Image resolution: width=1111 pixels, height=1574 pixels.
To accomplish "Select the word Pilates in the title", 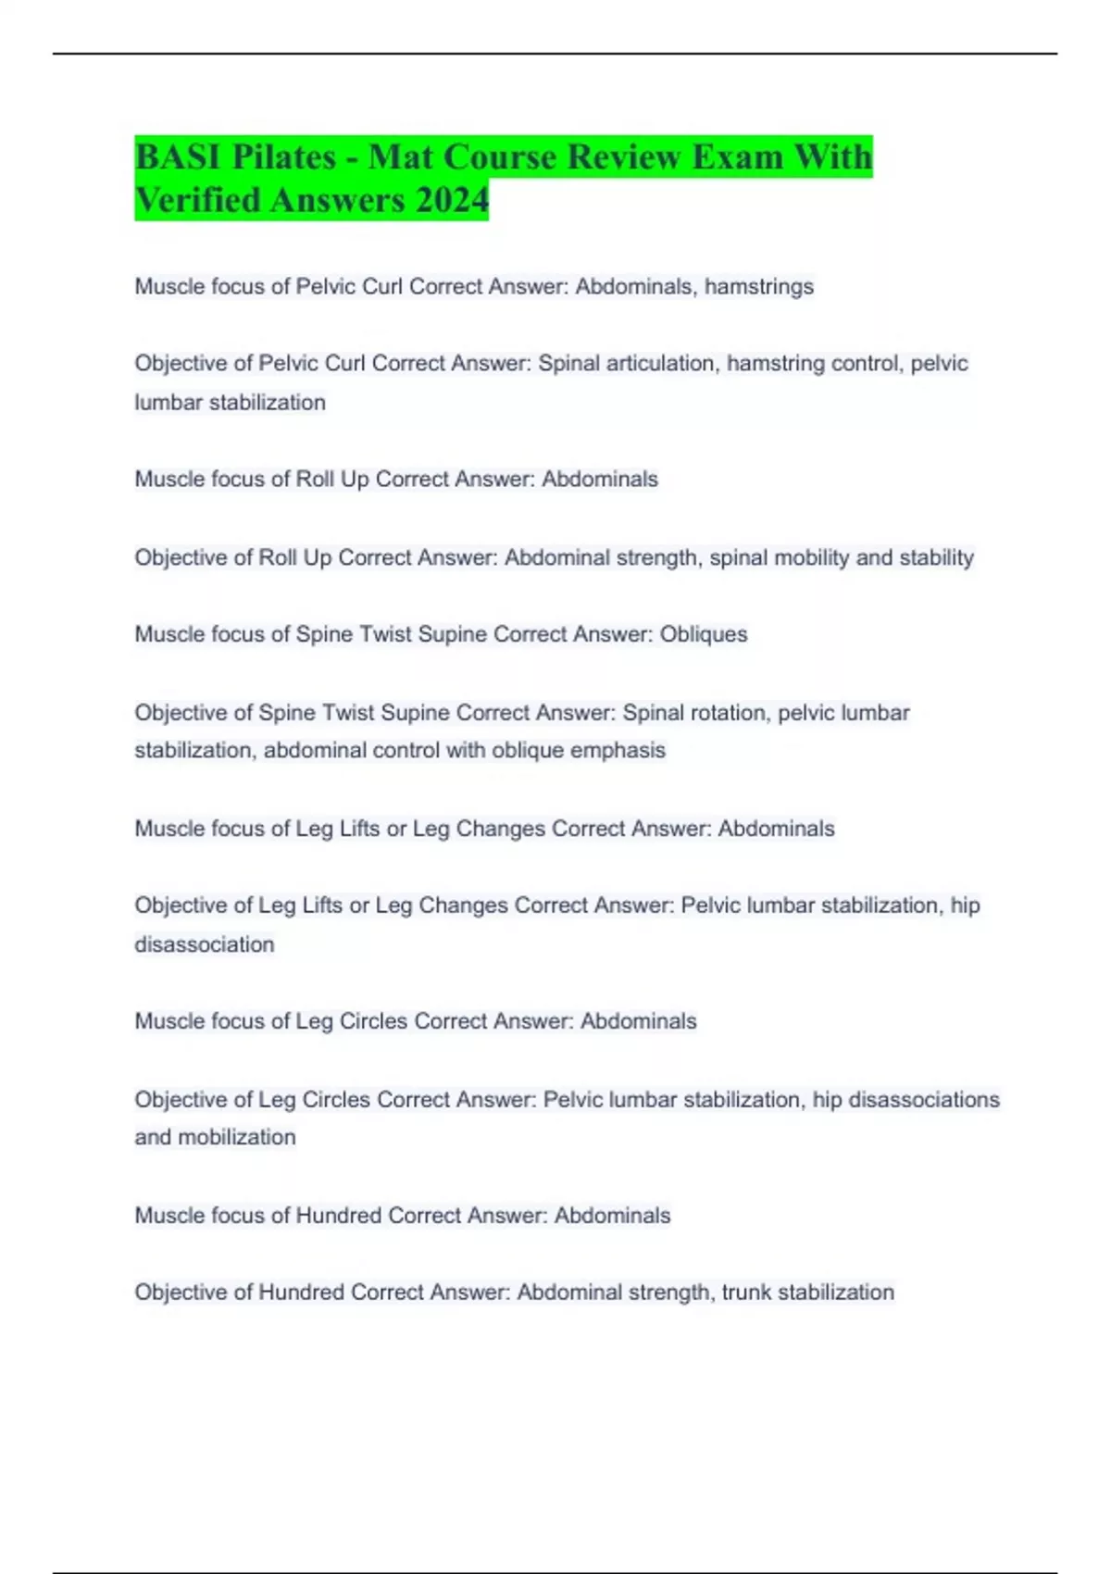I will [x=284, y=156].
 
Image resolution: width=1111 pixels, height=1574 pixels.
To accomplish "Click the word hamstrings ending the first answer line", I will [x=759, y=287].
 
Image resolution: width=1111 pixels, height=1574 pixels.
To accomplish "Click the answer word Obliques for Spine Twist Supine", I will [x=703, y=634].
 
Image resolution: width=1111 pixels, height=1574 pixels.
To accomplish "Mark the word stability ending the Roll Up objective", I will [x=936, y=557].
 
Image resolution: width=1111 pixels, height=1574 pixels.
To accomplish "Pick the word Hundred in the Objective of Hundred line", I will [x=301, y=1292].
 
